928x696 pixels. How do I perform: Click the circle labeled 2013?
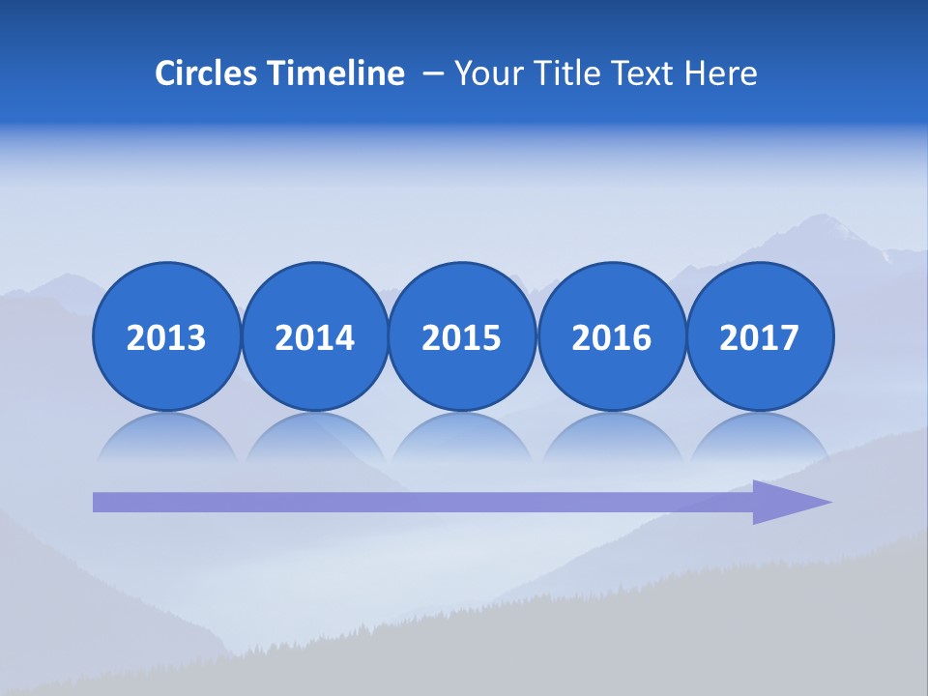tap(166, 337)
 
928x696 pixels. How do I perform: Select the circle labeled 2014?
tap(315, 337)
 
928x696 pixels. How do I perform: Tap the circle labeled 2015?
tap(462, 337)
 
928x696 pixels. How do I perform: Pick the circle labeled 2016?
tap(612, 337)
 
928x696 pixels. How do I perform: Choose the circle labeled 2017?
tap(760, 337)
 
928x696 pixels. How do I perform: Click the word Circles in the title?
tap(207, 73)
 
